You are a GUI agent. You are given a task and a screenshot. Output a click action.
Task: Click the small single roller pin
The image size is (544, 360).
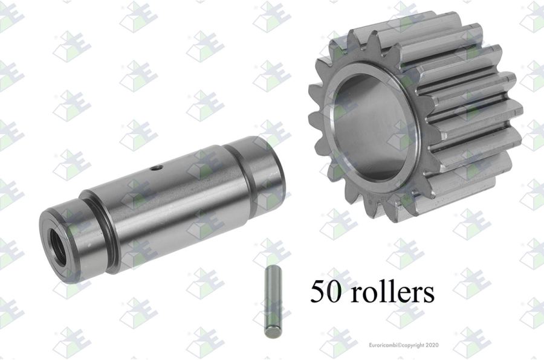(x=273, y=301)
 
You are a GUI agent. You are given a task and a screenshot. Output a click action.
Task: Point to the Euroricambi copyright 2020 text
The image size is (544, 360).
(x=404, y=345)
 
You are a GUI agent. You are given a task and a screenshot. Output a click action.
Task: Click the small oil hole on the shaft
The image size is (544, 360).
(x=156, y=169)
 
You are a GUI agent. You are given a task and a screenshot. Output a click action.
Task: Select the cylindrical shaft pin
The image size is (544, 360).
(x=162, y=205)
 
